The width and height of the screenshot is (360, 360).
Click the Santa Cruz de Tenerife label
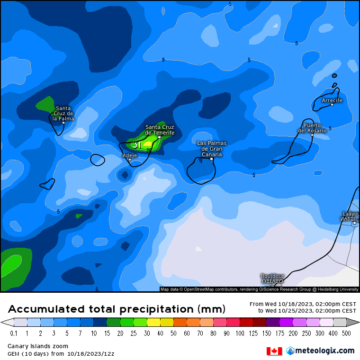coord(160,130)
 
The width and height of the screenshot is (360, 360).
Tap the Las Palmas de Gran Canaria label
coord(212,149)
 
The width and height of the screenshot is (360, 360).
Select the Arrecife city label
coord(332,100)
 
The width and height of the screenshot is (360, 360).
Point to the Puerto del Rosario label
coord(312,128)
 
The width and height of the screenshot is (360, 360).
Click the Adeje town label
coord(129,155)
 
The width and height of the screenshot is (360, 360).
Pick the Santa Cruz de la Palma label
coord(63,113)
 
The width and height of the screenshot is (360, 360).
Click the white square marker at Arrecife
coord(332,104)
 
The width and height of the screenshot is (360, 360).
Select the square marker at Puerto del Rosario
coord(312,135)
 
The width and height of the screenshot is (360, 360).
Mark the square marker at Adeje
coord(130,160)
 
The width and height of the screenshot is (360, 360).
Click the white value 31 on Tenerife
coord(137,145)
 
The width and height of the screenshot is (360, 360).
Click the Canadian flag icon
coord(274,351)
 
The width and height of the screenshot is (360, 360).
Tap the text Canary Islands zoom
coord(38,346)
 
